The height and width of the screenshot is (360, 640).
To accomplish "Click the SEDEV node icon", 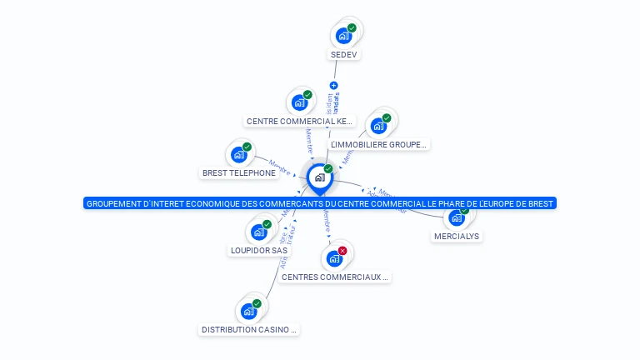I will coord(342,36).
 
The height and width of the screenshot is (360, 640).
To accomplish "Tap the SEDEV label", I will coord(344,55).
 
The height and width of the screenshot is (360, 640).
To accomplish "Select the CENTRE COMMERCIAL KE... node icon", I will coord(299,102).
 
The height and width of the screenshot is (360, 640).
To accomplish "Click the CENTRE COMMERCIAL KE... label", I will coord(300,122).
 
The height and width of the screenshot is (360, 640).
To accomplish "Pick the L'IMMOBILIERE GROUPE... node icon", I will coord(378,126).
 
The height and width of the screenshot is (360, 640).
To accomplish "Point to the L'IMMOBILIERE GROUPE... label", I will coord(379,145).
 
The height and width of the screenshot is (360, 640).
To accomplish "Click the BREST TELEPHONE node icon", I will coord(239,154).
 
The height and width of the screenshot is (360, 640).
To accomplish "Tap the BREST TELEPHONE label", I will coord(239,173).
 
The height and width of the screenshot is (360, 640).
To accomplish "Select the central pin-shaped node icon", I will coord(319,177).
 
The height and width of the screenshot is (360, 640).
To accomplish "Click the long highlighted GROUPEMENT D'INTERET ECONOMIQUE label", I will coord(320,203).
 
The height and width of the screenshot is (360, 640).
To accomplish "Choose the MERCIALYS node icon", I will coord(455,217).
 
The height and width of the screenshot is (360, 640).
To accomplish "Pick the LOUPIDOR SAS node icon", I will coord(258,232).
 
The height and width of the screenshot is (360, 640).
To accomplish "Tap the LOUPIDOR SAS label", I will coord(258,250).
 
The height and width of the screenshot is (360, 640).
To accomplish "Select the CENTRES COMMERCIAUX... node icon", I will coord(334,258).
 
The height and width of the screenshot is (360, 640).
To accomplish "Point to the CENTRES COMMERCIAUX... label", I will coord(335,277).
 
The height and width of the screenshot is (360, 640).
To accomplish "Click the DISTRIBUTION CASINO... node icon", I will coord(248,311).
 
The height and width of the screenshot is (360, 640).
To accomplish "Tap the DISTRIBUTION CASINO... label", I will coord(249,330).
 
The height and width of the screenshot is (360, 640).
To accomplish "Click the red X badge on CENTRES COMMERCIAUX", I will coord(342,250).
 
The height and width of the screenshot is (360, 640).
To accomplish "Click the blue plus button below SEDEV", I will coord(334,85).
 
